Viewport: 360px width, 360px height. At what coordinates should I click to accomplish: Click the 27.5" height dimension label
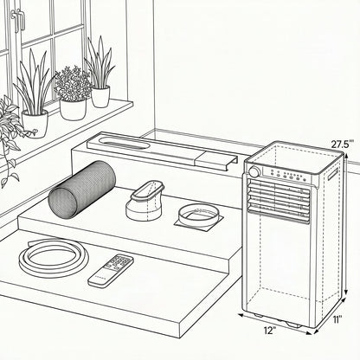[x=342, y=144]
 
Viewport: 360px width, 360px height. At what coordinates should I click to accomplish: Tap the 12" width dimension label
[x=270, y=331]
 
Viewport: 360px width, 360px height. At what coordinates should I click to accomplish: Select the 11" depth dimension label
[x=337, y=319]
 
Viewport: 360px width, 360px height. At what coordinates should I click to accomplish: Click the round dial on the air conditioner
[x=254, y=172]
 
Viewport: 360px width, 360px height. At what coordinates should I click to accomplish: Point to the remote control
[x=111, y=270]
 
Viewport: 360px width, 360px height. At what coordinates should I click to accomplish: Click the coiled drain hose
[x=54, y=270]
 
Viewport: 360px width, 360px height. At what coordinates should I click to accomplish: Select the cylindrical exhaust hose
[x=82, y=189]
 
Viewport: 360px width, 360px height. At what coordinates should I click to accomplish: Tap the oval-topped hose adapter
[x=145, y=201]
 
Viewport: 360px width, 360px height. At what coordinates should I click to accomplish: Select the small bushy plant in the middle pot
[x=73, y=84]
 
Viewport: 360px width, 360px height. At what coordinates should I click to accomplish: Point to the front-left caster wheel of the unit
[x=259, y=315]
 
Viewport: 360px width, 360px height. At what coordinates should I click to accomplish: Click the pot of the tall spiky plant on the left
[x=35, y=124]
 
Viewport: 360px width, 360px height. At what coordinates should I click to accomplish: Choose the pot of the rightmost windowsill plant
[x=100, y=97]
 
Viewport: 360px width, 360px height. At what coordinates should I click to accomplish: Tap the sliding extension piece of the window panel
[x=216, y=161]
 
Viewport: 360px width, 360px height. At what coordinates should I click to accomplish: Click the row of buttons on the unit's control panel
[x=286, y=176]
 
